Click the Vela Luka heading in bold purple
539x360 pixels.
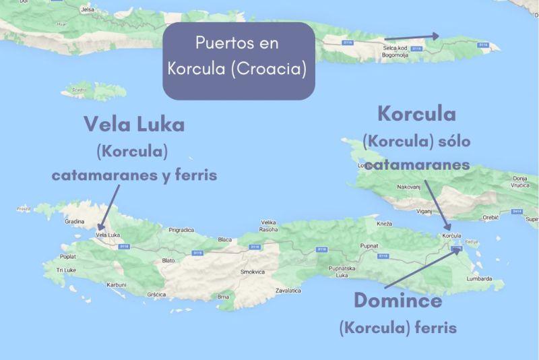point(134,124)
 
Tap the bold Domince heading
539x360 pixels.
point(398,300)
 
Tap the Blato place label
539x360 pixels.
point(168,260)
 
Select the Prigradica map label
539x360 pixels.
point(181,230)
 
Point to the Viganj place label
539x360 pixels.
point(424,211)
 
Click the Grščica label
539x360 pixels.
point(157,294)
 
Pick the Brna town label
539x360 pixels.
point(224,296)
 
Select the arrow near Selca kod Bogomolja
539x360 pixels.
point(412,36)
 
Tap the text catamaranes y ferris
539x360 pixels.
point(134,175)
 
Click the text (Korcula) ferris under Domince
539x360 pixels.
point(398,328)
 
